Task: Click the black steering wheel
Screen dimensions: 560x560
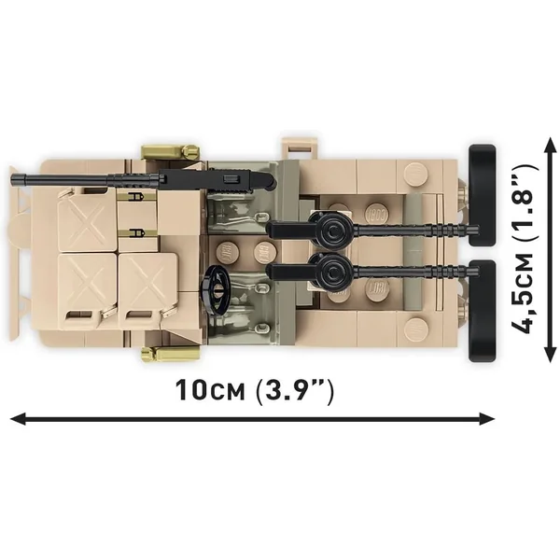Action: click(x=215, y=287)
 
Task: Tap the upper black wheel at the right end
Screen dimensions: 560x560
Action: click(x=482, y=195)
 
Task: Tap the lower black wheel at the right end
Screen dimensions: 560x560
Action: click(x=482, y=311)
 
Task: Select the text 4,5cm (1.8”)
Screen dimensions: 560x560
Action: click(x=524, y=248)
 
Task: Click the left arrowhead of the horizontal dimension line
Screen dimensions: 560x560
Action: click(x=18, y=419)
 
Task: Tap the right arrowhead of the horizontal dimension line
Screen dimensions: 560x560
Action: click(x=487, y=419)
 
